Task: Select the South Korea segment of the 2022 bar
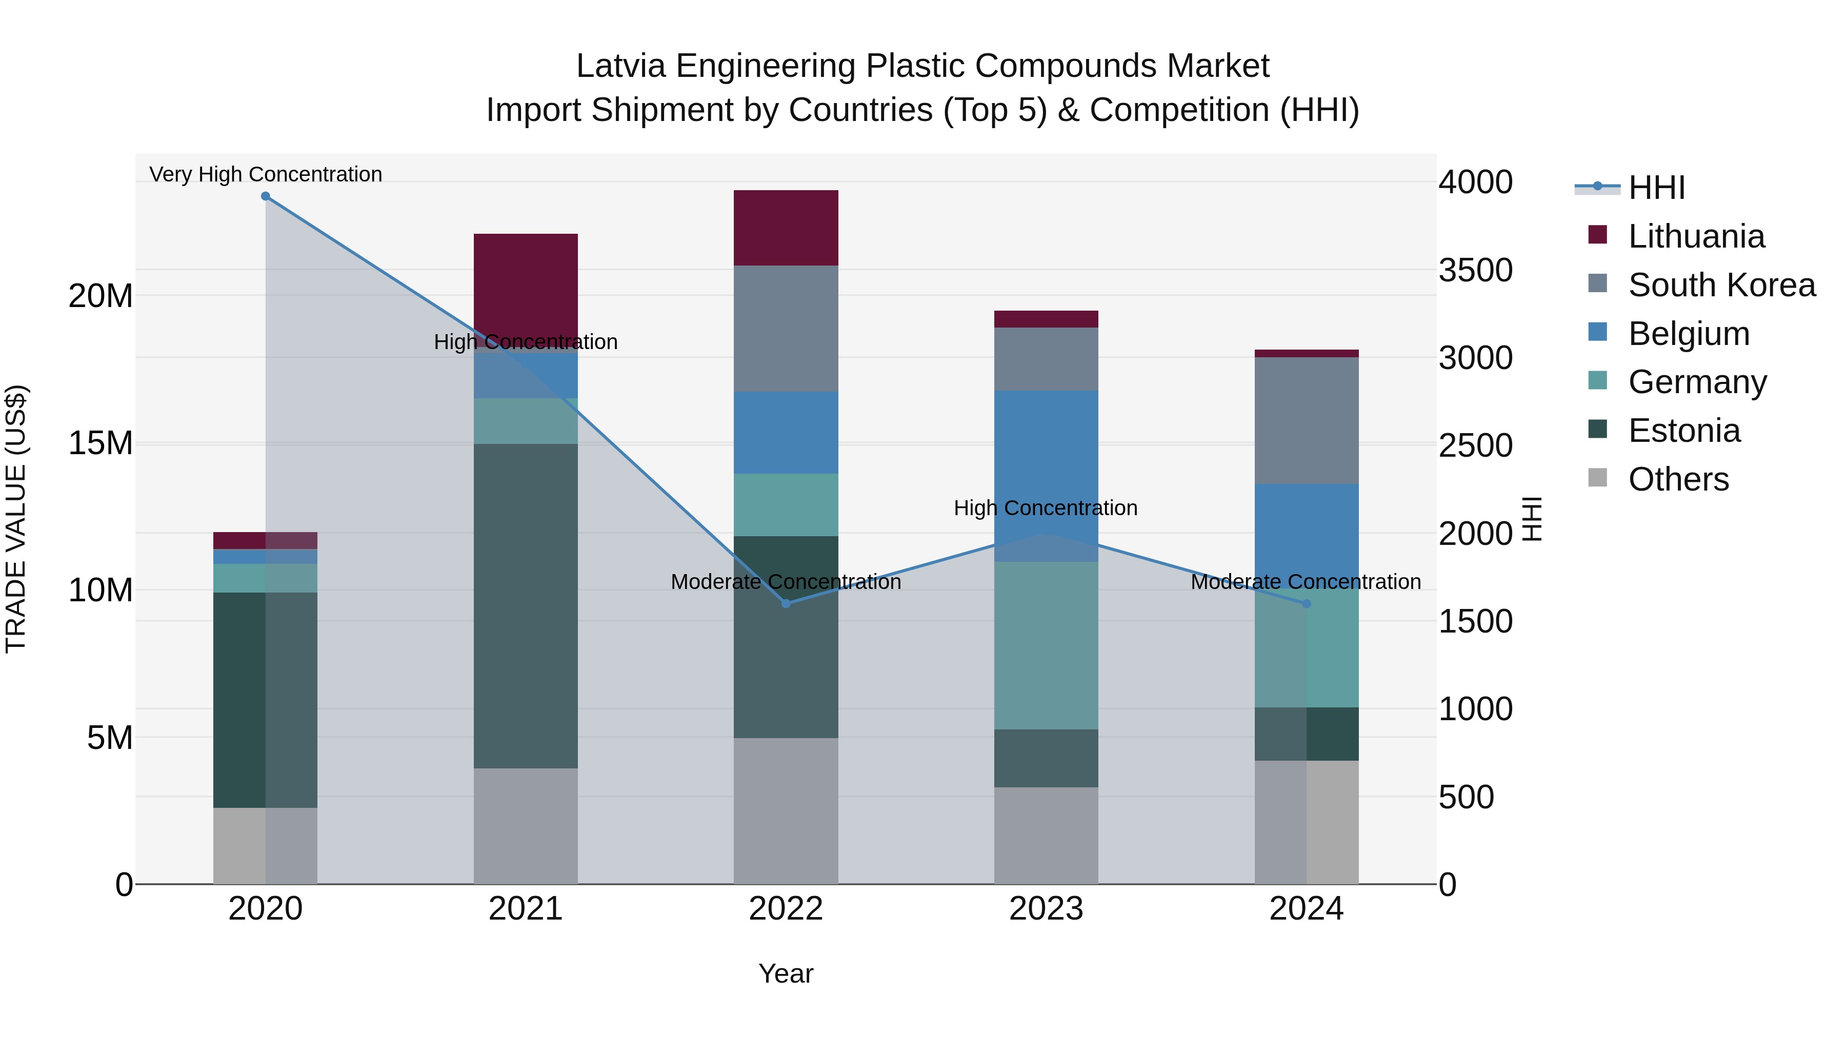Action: pyautogui.click(x=786, y=328)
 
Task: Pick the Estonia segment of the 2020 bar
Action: pyautogui.click(x=265, y=699)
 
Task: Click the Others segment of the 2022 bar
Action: pyautogui.click(x=786, y=810)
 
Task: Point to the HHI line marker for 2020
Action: pyautogui.click(x=265, y=196)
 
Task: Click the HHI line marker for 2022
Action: pyautogui.click(x=786, y=603)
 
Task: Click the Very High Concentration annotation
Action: pyautogui.click(x=265, y=174)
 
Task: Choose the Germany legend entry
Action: pyautogui.click(x=1697, y=382)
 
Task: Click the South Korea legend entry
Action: pyautogui.click(x=1721, y=285)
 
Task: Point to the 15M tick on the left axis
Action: pyautogui.click(x=101, y=443)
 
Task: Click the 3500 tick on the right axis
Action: pyautogui.click(x=1475, y=270)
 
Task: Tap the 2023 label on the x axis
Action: pyautogui.click(x=1046, y=909)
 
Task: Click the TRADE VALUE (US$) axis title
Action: pyautogui.click(x=16, y=519)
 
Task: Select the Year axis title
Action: pyautogui.click(x=786, y=973)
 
